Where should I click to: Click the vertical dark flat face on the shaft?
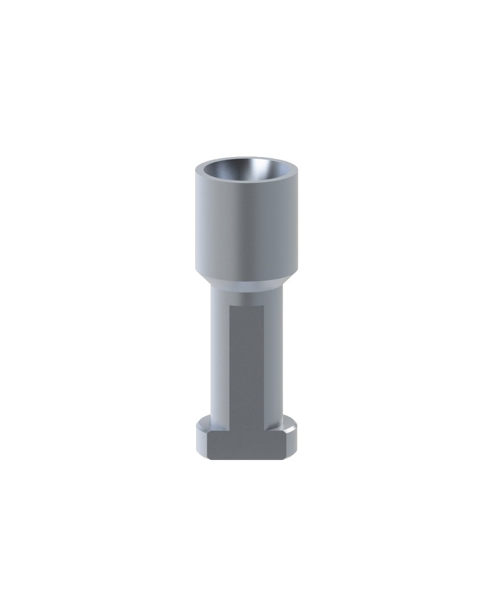click(247, 363)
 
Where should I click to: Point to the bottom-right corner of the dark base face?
click(285, 459)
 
